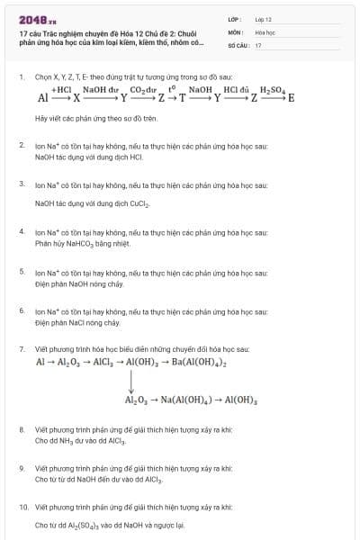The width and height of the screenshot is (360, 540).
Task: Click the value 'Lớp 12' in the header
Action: (x=263, y=19)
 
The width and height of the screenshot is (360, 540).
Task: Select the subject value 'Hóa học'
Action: (x=264, y=31)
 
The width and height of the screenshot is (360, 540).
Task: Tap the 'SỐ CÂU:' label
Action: (x=238, y=44)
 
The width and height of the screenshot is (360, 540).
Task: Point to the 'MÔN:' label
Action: (x=236, y=31)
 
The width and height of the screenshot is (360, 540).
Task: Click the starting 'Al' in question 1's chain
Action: (x=43, y=96)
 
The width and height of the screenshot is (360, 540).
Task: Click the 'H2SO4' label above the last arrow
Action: (x=272, y=90)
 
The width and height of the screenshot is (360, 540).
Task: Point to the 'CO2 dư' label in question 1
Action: (x=144, y=90)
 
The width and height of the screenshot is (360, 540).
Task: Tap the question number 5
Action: (x=22, y=270)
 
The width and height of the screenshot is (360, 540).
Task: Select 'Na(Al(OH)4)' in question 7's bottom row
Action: (x=189, y=400)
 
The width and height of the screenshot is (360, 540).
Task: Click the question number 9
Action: (x=22, y=468)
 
